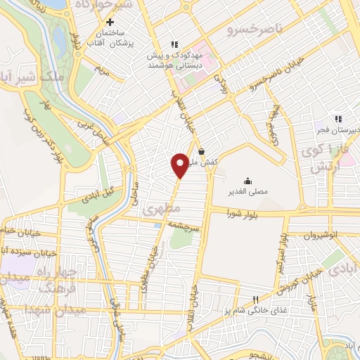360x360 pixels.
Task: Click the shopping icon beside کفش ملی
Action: coord(202,150)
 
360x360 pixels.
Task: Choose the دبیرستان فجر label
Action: coord(338,130)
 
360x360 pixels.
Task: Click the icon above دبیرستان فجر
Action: coord(338,119)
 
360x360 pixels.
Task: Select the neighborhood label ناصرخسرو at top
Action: coord(254,31)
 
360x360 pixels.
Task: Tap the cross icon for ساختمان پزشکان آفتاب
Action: coord(110,22)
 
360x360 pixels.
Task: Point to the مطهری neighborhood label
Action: coord(162,210)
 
